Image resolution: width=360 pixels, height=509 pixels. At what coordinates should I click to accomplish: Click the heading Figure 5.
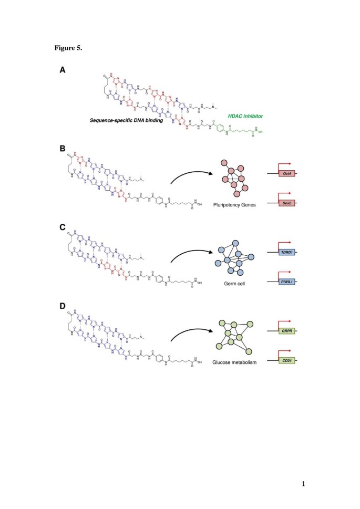68,48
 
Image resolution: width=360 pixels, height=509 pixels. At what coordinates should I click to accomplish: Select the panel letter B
62,148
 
